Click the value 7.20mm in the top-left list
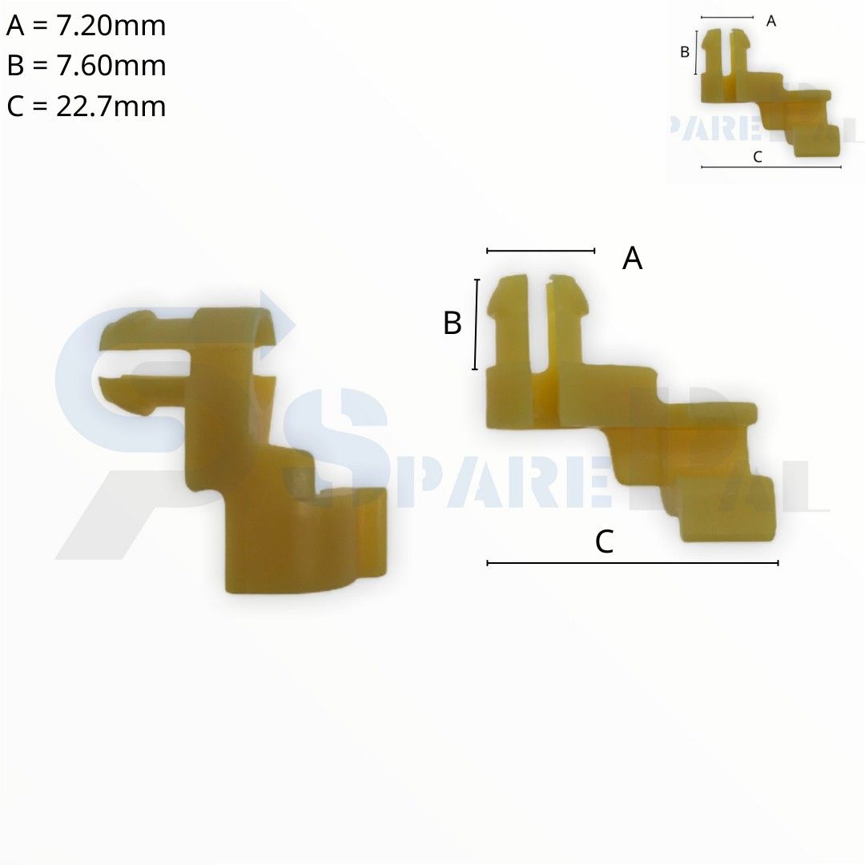pos(111,26)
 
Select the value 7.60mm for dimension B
pos(111,66)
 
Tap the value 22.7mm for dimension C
pos(111,106)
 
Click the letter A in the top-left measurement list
pos(15,26)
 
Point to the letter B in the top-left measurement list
pos(15,66)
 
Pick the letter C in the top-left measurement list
pos(15,106)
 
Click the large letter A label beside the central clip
pos(632,258)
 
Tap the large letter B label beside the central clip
pos(453,323)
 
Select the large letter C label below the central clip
pos(604,541)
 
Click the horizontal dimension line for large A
pos(541,251)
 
